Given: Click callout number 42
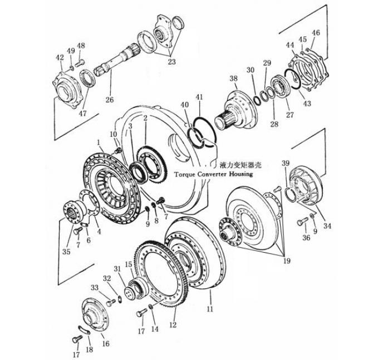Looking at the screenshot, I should pos(60,57).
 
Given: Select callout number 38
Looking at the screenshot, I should pos(233,78).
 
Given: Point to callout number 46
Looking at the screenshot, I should pos(316,33).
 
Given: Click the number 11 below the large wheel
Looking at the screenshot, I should pos(210,307).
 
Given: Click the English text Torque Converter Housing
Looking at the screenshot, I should pos(213,174).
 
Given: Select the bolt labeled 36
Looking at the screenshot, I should pos(301,224).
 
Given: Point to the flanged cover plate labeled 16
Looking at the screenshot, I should pos(95,315).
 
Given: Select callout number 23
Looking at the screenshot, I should pos(171,62).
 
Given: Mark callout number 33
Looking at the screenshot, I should pos(95,287).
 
